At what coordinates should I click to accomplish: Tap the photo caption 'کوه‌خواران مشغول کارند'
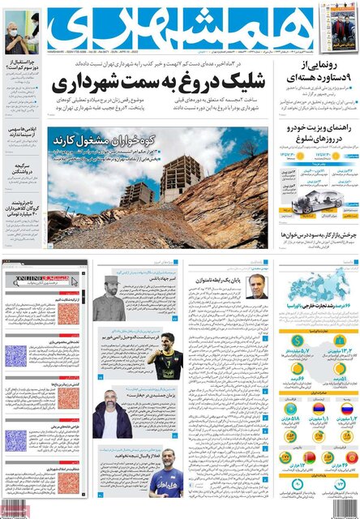(96, 139)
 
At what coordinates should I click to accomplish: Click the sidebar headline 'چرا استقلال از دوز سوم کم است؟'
(23, 88)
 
